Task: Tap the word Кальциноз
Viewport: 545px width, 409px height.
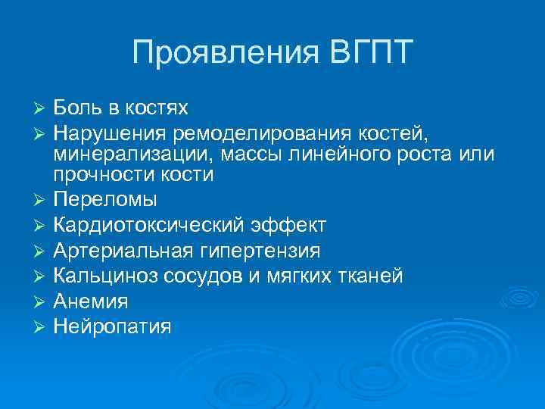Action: click(x=103, y=276)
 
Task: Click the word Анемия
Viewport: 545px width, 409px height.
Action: click(x=91, y=301)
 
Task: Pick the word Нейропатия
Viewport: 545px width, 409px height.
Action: click(x=112, y=326)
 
